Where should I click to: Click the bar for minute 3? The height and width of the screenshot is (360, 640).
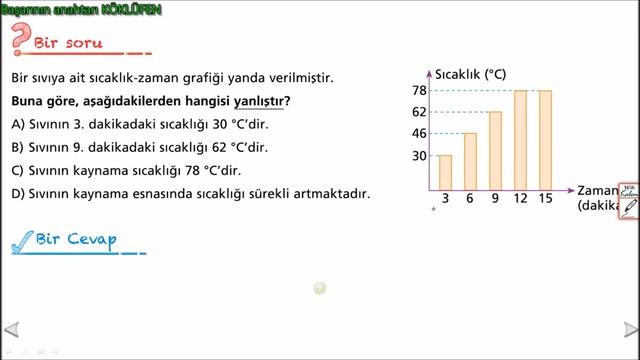[445, 172]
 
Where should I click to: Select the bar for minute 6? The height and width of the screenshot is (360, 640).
[470, 161]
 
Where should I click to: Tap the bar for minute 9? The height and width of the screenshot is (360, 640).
[495, 150]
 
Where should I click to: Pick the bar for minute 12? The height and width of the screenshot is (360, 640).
[520, 139]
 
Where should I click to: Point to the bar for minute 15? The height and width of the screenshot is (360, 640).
[545, 139]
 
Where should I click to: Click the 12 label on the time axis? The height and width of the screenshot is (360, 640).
[520, 198]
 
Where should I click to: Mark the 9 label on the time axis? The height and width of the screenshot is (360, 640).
[495, 198]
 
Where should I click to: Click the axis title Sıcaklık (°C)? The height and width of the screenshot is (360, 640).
[470, 74]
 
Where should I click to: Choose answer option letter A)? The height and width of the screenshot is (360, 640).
[18, 124]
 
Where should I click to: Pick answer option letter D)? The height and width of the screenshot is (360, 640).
[18, 193]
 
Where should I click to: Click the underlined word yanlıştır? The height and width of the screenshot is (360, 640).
[259, 102]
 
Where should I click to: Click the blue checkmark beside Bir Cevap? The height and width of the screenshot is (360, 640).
[21, 241]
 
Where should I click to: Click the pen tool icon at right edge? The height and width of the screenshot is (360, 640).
[629, 208]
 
